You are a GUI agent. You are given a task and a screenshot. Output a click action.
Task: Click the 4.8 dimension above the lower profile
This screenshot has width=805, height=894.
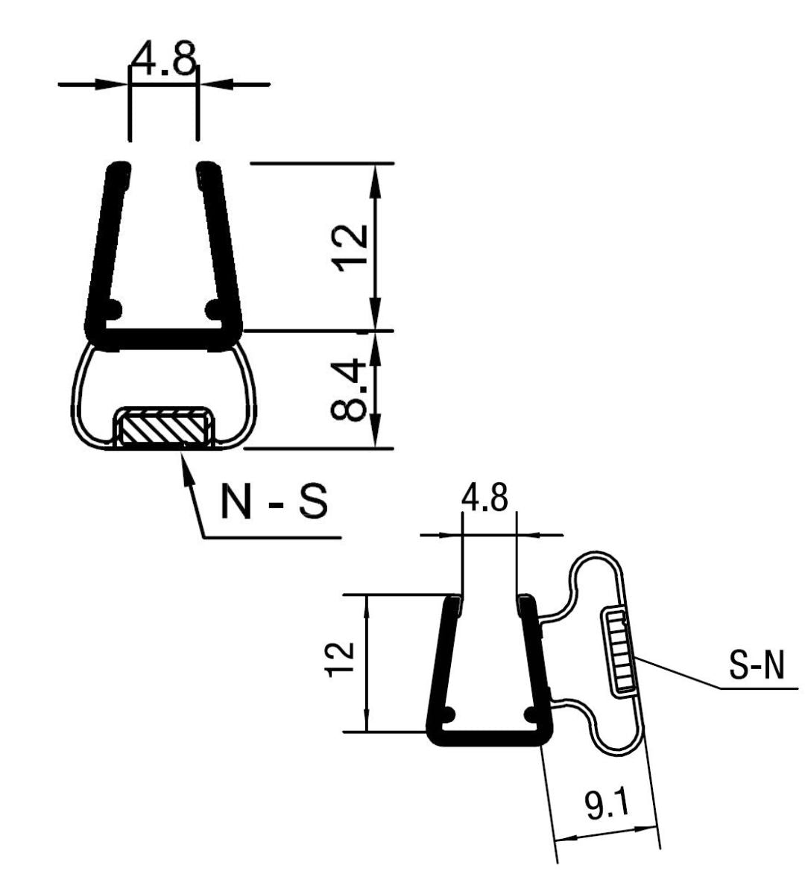click(484, 498)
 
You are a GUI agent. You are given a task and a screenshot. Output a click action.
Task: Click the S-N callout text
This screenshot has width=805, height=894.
click(756, 668)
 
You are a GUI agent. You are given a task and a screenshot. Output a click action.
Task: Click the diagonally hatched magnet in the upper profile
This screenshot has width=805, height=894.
click(163, 430)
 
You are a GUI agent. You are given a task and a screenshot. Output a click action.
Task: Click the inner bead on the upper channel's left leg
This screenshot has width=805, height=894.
click(113, 308)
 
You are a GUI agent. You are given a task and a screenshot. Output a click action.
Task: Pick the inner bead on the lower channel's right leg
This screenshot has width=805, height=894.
click(531, 713)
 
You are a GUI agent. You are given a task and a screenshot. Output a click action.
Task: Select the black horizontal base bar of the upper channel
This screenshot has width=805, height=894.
click(164, 339)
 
